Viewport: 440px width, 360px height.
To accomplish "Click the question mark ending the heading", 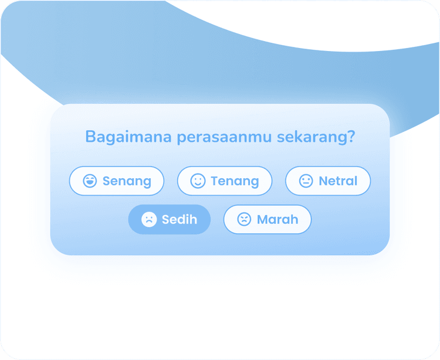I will [351, 137].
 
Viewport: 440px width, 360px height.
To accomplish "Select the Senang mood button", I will [116, 181].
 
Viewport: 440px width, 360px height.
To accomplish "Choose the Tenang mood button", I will [225, 181].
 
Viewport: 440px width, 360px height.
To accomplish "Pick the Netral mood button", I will [328, 181].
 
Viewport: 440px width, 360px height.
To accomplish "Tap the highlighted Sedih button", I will [170, 219].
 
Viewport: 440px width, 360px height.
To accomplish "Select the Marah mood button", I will [268, 219].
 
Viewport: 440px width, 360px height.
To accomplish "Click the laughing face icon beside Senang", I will [90, 181].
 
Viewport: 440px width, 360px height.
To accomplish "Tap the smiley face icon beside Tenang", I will [198, 181].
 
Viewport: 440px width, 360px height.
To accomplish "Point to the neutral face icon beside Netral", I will [306, 181].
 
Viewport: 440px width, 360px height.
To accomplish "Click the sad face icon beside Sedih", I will [149, 220].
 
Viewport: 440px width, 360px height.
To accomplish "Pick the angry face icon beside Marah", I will [244, 220].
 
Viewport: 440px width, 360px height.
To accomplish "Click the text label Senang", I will [127, 181].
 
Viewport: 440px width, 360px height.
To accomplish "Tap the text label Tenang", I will [235, 181].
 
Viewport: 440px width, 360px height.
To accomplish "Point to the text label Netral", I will [338, 181].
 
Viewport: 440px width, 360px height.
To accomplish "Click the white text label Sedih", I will [179, 220].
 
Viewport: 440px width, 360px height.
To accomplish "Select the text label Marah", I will [277, 220].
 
